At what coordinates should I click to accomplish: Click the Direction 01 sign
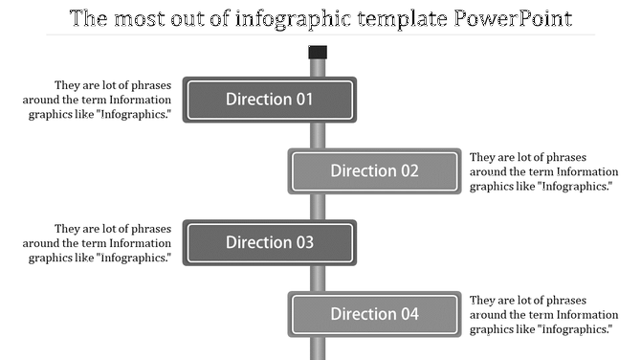click(269, 99)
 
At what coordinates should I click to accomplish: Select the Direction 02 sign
click(374, 171)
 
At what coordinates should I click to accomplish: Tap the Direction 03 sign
click(269, 242)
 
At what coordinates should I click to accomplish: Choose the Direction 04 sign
click(374, 314)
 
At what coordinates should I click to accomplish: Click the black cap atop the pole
click(318, 52)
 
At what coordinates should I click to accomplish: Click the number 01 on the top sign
click(303, 99)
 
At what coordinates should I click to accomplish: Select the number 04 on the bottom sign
click(409, 314)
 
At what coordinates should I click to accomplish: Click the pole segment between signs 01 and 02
click(318, 135)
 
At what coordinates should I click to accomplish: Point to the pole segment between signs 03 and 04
click(318, 279)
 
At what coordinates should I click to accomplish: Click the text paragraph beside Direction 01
click(100, 100)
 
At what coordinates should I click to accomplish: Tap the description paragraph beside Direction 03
click(100, 243)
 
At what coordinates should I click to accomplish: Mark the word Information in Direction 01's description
click(140, 100)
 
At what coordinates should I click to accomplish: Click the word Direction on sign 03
click(256, 242)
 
